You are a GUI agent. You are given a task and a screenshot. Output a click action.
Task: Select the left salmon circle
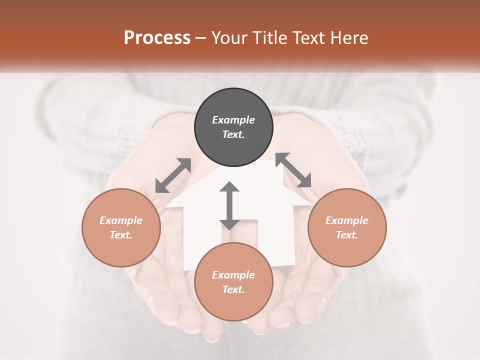point(121,227)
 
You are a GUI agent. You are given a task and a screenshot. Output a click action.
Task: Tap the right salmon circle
point(347,227)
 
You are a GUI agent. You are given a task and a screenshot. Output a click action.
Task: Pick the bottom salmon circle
point(233,282)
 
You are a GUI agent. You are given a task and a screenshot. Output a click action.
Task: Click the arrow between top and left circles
point(173,175)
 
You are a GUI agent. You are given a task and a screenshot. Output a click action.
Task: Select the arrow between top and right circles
point(293,170)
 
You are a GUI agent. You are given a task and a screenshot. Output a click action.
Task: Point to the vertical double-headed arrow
point(229,205)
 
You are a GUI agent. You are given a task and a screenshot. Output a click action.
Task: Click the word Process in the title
point(157,38)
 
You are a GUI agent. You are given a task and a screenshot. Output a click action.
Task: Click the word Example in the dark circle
point(233,120)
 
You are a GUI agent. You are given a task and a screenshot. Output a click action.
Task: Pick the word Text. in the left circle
point(121,235)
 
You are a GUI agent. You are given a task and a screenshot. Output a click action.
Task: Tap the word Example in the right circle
point(347,220)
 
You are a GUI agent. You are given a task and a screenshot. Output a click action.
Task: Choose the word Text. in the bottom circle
point(233,289)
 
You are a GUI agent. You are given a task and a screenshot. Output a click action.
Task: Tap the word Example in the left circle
point(121,220)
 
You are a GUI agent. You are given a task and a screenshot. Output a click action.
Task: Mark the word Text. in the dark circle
point(233,134)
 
